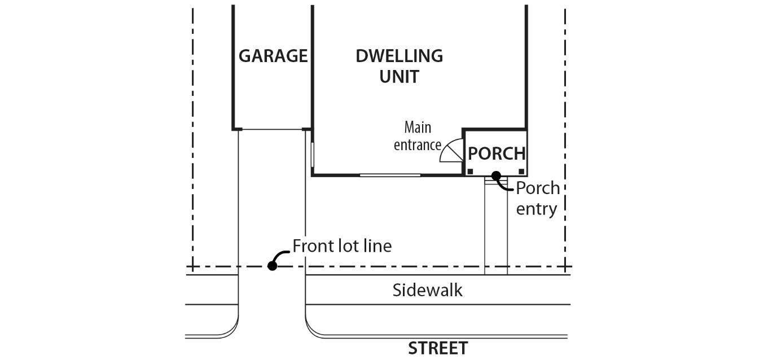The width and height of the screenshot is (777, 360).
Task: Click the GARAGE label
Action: [x=273, y=56]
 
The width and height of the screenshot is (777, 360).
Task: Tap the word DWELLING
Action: [x=399, y=56]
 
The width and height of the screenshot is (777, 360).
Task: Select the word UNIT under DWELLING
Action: [x=399, y=76]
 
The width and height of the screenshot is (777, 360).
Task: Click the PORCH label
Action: [x=497, y=153]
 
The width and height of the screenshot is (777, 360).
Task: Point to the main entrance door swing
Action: [x=453, y=151]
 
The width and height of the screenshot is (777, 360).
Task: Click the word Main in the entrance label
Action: [x=418, y=127]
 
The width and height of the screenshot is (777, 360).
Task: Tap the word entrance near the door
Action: [x=417, y=145]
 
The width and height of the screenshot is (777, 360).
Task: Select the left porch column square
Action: [x=469, y=171]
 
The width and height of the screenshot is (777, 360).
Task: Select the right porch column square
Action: [x=521, y=171]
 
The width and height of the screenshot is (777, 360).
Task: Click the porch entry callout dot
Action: [x=496, y=175]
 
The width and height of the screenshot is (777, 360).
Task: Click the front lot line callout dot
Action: [x=272, y=266]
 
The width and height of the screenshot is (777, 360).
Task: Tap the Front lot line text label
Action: [x=341, y=246]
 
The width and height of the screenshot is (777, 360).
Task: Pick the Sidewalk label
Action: [x=427, y=290]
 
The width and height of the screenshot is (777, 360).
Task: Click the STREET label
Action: [x=437, y=348]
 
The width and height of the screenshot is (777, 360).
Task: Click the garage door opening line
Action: [x=273, y=130]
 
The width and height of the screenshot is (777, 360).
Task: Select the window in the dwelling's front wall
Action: [x=390, y=175]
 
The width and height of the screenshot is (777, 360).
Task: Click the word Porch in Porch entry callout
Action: [x=537, y=187]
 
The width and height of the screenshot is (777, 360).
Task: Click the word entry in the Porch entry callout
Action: [x=536, y=209]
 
